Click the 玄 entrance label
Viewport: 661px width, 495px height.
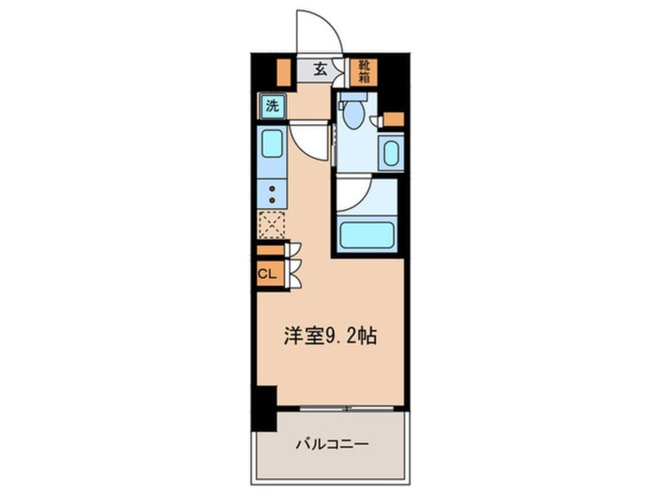point(320,69)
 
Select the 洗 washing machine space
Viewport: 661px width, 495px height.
point(272,106)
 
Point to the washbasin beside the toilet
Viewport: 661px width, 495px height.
point(390,152)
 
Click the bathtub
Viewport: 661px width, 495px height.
point(366,235)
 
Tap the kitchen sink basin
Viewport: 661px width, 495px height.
point(272,144)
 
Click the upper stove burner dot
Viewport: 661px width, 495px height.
point(272,189)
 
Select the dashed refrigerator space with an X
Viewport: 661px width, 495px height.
point(272,225)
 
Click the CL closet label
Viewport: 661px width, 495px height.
point(267,274)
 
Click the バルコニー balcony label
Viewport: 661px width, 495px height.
point(333,445)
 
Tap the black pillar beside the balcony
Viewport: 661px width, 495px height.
point(265,408)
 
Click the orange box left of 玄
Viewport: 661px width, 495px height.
point(284,71)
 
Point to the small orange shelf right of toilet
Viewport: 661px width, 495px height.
point(394,119)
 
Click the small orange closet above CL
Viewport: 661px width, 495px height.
point(272,251)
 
